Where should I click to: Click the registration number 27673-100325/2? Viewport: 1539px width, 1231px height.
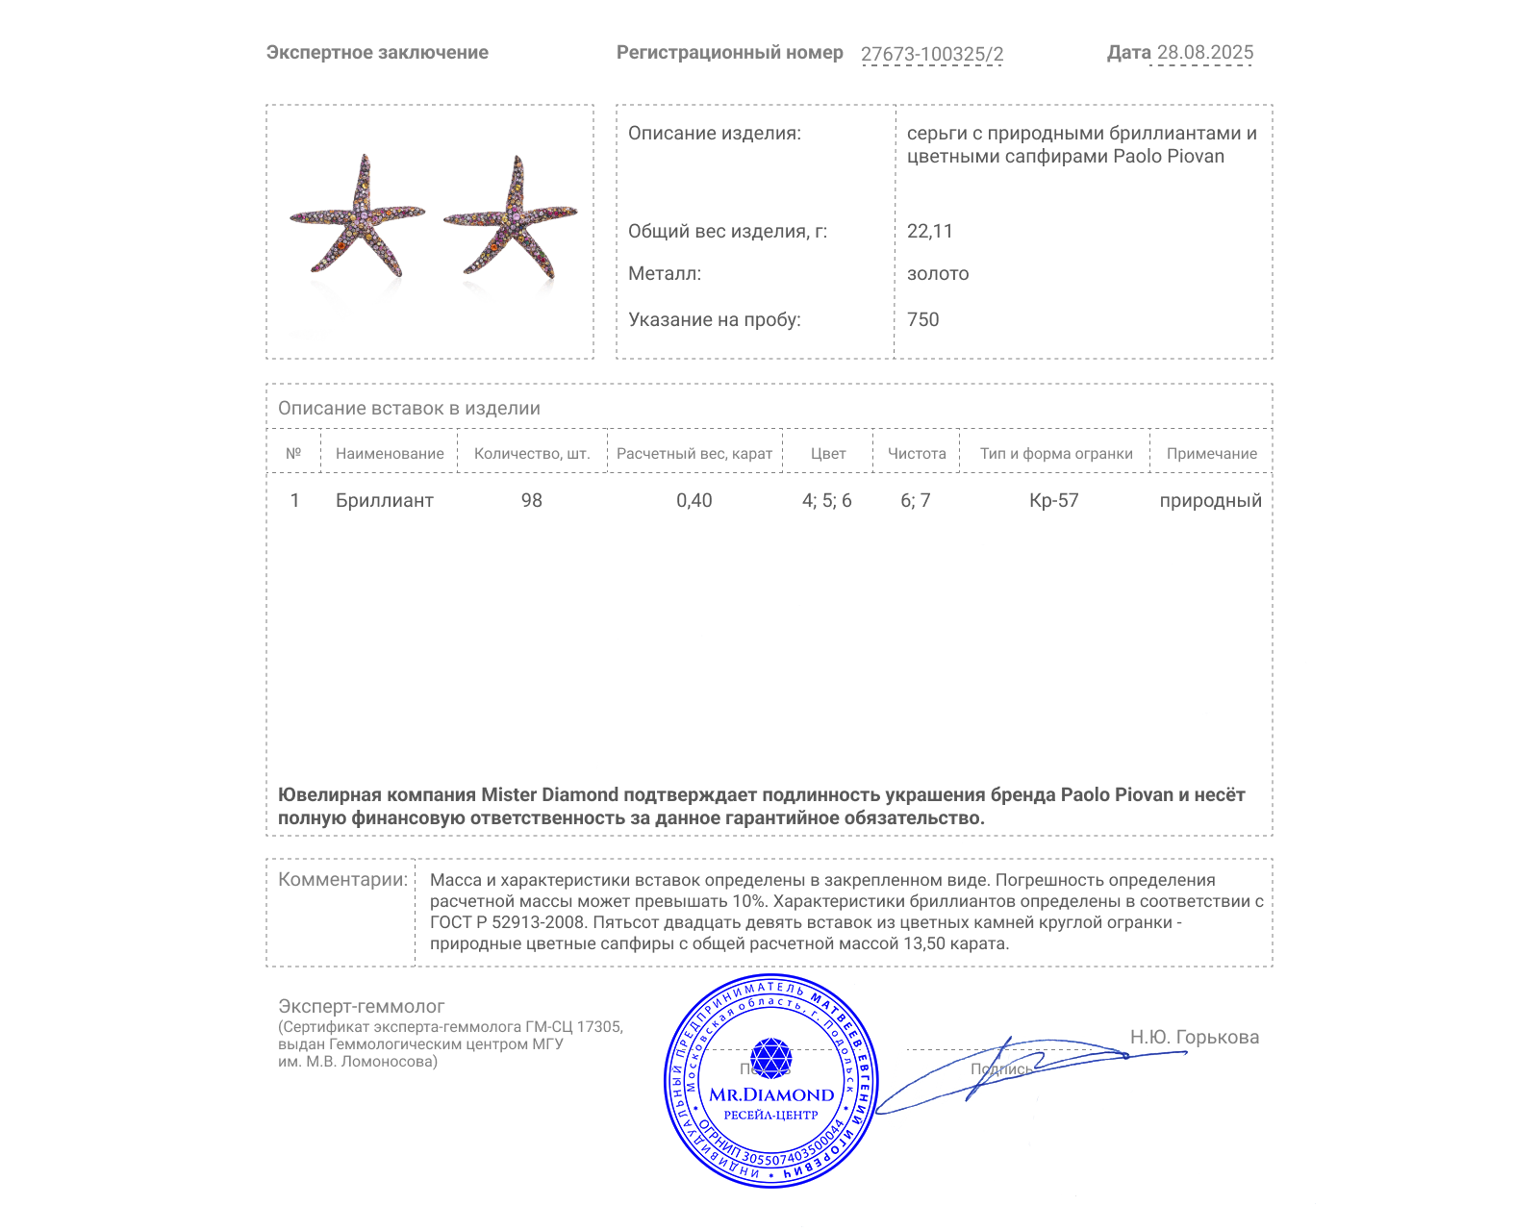tap(931, 54)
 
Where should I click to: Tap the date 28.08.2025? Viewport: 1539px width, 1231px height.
tap(1204, 52)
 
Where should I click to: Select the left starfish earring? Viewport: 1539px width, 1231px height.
tap(357, 218)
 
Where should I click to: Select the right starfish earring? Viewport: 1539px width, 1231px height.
tap(511, 220)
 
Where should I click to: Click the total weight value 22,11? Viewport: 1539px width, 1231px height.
tap(929, 231)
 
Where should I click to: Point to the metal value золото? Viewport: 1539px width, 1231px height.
tap(937, 273)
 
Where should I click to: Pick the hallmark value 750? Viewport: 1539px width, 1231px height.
tap(922, 319)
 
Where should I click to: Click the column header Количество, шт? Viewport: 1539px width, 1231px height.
tap(531, 453)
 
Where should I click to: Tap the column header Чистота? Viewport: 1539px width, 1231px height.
tap(916, 453)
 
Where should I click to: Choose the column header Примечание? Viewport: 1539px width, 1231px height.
tap(1211, 453)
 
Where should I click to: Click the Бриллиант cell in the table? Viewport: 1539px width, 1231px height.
tap(384, 500)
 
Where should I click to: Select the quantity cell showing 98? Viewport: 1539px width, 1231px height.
tap(531, 500)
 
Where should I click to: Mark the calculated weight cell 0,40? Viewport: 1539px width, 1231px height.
tap(694, 500)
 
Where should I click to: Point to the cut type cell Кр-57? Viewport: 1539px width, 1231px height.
tap(1053, 500)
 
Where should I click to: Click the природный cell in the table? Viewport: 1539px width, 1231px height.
tap(1210, 500)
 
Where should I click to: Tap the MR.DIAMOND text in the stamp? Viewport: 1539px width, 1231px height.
tap(771, 1094)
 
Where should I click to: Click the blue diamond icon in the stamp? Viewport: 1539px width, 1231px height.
tap(770, 1057)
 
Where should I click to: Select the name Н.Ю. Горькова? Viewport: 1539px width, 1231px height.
tap(1194, 1037)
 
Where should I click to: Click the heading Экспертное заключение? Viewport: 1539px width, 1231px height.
tap(377, 53)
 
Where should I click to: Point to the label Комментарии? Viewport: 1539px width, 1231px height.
tap(342, 879)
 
